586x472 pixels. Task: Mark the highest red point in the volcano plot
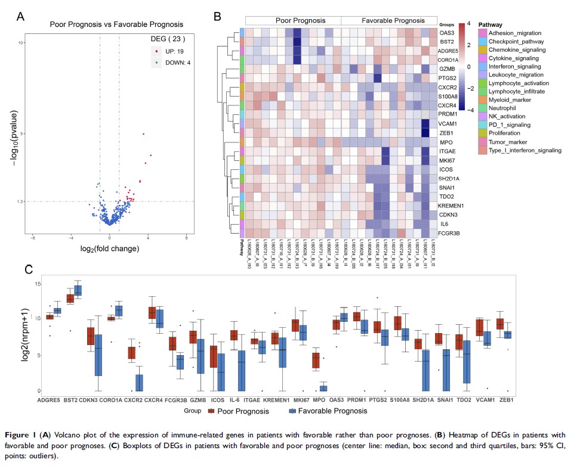click(144, 134)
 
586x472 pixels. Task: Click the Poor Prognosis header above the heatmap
click(292, 19)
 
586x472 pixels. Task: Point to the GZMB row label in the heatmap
click(448, 69)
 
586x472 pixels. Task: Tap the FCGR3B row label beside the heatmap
click(449, 233)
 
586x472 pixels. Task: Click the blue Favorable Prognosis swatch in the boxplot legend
click(292, 411)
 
